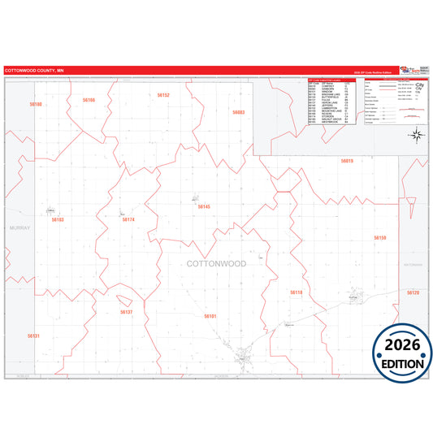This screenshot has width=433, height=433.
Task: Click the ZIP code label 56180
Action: coord(35,104)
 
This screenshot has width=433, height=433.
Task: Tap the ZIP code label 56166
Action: coord(89,100)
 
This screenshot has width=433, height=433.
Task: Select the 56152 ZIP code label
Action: coord(163,95)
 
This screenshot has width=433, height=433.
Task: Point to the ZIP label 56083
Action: coord(238,112)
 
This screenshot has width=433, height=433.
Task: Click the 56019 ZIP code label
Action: coord(347,161)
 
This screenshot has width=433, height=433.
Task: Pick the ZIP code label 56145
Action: coord(203,206)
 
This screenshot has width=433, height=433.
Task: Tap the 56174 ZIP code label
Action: coord(128,219)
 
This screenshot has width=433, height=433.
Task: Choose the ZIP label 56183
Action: coord(58,220)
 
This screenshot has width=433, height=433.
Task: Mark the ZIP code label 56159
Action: coord(379,237)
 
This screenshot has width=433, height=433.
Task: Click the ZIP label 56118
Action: coord(297,292)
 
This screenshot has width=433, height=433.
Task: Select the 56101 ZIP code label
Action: coord(210,315)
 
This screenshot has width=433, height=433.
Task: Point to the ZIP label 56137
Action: coord(126,312)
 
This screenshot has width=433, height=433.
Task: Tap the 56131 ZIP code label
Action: coord(33,336)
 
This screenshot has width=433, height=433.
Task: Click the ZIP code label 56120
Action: coord(413,292)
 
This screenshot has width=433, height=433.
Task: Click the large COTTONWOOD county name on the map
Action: coord(216,264)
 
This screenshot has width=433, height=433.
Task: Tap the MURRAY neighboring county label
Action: coord(19,228)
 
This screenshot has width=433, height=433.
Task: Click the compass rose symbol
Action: coord(415,134)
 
